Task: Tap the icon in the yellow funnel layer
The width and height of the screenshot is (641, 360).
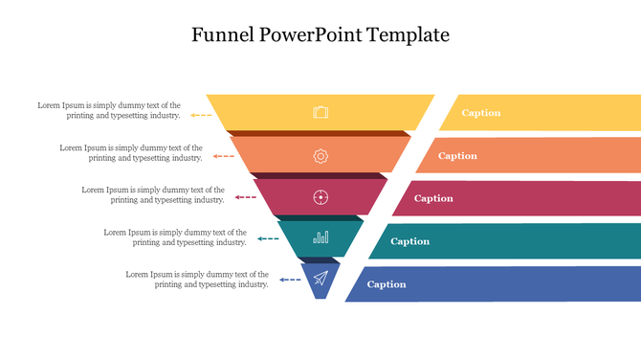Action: coord(320,113)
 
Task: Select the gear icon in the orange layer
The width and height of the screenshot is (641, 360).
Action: coord(320,155)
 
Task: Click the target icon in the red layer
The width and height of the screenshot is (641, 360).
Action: coord(320,197)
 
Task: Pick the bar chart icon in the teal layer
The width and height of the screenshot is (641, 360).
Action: coord(320,236)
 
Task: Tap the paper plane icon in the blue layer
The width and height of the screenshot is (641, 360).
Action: coord(320,279)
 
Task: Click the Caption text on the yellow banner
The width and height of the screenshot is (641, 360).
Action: coord(481,113)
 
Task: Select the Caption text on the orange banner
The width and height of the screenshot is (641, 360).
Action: coord(457,156)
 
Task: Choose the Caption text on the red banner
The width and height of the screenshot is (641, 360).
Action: coord(433,198)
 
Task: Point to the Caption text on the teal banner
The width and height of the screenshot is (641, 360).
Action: coord(409,241)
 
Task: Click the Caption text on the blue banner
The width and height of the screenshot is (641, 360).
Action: coord(387,284)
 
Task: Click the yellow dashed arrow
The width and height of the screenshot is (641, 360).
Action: coord(201,115)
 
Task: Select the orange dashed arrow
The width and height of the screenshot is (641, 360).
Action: coord(223,155)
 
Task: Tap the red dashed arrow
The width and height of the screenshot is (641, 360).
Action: coord(245,197)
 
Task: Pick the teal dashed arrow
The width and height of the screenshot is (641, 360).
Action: coord(268,238)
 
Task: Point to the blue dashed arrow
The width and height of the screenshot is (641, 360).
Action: coord(290,280)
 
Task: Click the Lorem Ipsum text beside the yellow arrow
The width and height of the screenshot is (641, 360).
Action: coord(109,110)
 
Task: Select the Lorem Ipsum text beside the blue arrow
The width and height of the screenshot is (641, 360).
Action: coord(197,280)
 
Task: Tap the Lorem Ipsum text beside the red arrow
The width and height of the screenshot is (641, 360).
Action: coord(153,194)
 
